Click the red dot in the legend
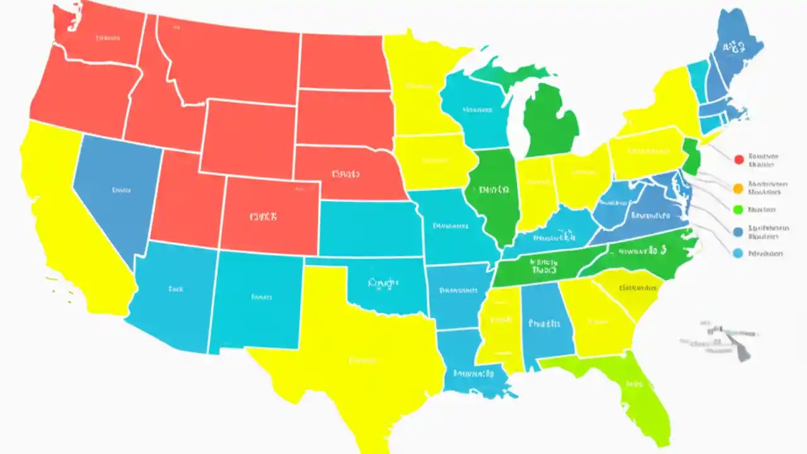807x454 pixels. (739, 160)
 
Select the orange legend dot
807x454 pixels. (739, 187)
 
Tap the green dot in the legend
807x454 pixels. (739, 209)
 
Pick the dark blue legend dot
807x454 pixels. (739, 232)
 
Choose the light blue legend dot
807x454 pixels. (739, 253)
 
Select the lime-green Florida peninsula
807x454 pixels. (634, 385)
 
